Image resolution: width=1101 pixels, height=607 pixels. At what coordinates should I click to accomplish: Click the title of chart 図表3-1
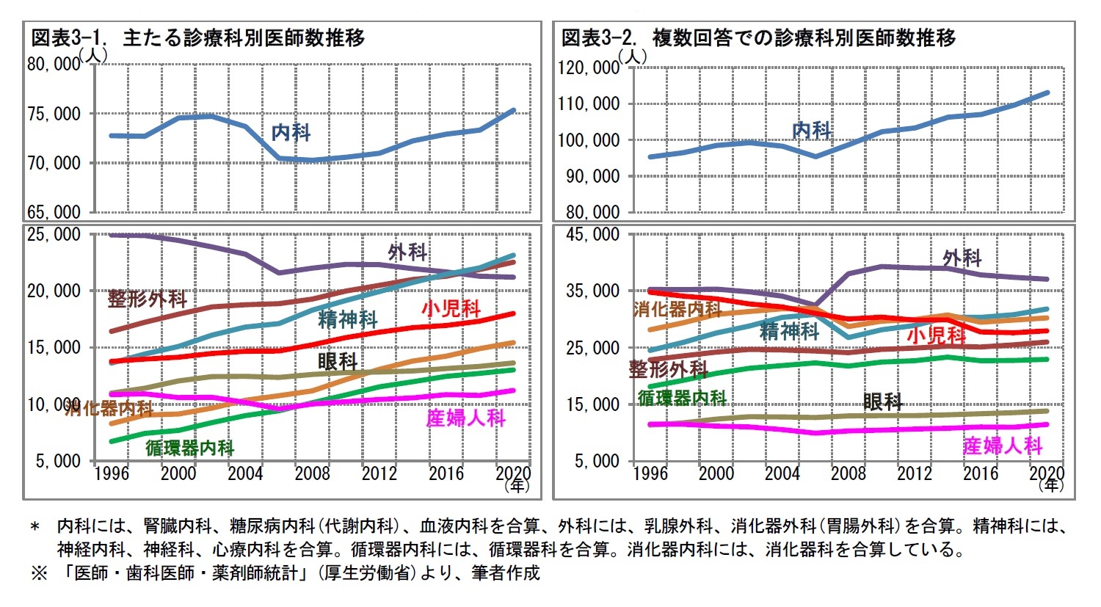tap(197, 37)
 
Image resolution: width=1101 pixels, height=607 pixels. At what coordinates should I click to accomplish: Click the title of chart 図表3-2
tap(758, 37)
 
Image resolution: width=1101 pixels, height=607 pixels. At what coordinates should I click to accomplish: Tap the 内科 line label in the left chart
tap(291, 133)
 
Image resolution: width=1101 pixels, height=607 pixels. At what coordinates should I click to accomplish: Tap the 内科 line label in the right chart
tap(812, 131)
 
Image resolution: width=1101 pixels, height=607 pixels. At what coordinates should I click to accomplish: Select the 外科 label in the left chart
tap(407, 252)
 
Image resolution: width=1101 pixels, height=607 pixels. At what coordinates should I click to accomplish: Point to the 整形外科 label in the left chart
tap(148, 299)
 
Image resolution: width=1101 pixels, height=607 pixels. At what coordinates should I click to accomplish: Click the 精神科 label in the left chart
tap(348, 319)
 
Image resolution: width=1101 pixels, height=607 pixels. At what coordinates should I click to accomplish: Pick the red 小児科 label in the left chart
tap(451, 308)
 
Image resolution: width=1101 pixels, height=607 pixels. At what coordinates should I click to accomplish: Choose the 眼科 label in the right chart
tap(883, 401)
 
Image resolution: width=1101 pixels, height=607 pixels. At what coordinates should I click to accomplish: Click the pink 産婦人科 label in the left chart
tap(466, 418)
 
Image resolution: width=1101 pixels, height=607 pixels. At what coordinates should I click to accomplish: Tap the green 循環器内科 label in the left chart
tap(190, 448)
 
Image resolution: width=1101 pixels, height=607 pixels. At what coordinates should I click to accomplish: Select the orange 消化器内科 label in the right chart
tap(678, 309)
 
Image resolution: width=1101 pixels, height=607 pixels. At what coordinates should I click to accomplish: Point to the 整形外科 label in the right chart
tap(668, 368)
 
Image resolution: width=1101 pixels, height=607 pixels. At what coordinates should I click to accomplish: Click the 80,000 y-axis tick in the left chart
tap(54, 65)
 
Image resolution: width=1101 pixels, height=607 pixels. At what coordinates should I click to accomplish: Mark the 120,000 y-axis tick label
tap(589, 68)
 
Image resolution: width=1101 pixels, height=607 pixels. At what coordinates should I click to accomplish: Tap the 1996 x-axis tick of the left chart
tap(112, 473)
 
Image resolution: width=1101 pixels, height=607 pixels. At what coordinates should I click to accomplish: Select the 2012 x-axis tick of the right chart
tap(915, 473)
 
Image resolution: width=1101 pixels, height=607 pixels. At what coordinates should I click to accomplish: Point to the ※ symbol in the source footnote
tap(39, 573)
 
